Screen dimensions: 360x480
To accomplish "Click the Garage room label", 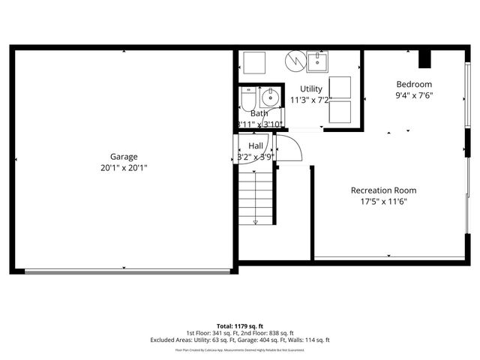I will tap(124, 157).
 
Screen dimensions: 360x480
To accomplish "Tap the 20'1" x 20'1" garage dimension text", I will tap(124, 168).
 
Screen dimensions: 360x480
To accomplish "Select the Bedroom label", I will tap(414, 84).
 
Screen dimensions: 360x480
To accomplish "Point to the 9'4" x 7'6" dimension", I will tap(414, 95).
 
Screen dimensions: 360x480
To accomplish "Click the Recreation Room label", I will tap(383, 190).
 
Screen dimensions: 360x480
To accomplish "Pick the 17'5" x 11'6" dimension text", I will tap(383, 202).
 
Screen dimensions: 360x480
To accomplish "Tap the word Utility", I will tap(311, 88).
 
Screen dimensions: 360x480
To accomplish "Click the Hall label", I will tap(256, 145).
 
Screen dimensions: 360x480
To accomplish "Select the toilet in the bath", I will tap(248, 99).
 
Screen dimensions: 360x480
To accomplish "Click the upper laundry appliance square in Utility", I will tap(340, 87).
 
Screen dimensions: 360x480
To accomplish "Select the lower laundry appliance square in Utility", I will tap(340, 112).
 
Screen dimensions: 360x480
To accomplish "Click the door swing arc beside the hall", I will tap(291, 150).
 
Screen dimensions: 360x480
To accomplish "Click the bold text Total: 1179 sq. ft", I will tap(239, 325).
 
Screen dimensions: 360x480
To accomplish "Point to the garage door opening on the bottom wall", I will tap(124, 271).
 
